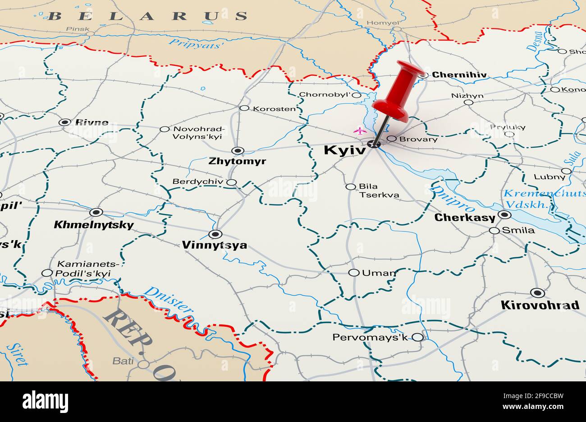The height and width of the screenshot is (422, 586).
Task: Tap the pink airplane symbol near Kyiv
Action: click(360, 131)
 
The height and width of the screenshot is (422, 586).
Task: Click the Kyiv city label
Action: click(344, 150)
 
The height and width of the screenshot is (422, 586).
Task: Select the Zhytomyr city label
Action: click(237, 161)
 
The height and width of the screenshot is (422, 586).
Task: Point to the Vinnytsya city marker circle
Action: click(215, 234)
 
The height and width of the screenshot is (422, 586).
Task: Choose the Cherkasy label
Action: click(464, 218)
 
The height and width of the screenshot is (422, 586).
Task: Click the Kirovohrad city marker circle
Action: click(537, 292)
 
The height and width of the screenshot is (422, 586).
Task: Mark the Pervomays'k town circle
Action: click(417, 337)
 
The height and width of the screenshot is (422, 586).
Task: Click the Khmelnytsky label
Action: click(94, 225)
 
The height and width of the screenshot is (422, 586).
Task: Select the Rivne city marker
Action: click(65, 122)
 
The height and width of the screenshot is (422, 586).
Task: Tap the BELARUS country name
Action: click(147, 16)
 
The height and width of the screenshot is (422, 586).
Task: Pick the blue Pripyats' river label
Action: click(196, 44)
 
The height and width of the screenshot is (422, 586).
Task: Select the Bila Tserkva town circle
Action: click(350, 186)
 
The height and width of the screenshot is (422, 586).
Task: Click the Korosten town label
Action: click(274, 109)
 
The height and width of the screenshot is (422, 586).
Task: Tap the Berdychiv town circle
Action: click(231, 182)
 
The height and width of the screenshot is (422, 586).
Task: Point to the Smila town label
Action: click(518, 230)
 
